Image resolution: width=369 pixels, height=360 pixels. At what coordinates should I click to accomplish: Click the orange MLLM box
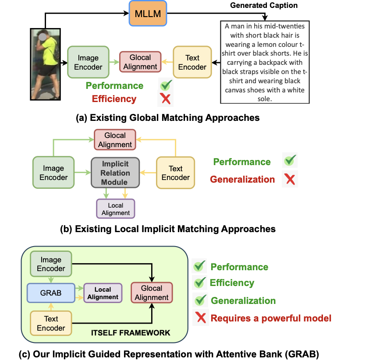[x=148, y=13]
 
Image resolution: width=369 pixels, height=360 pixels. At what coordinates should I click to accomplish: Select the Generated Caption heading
[x=264, y=6]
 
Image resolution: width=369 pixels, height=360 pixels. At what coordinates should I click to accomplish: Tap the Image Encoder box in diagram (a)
[x=88, y=62]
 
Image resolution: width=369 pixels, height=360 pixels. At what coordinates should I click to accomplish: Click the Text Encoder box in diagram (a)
[x=192, y=62]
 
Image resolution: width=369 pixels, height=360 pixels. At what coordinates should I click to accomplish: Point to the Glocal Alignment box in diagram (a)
[x=140, y=62]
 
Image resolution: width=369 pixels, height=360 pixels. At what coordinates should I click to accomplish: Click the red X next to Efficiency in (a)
[x=166, y=99]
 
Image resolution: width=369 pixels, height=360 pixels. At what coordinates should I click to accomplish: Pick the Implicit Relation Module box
[x=115, y=173]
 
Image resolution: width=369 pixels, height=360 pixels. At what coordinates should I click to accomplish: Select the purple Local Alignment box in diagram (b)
[x=116, y=209]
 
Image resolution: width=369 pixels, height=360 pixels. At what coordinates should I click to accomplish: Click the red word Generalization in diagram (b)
[x=242, y=179]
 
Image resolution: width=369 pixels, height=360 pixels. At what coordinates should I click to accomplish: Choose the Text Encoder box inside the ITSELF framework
[x=51, y=323]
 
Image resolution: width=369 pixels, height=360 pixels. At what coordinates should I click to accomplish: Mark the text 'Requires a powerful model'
[x=271, y=318]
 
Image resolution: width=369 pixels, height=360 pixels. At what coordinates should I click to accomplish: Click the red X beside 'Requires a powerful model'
[x=201, y=318]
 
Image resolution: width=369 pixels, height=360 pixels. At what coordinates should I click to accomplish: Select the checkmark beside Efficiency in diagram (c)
[x=200, y=283]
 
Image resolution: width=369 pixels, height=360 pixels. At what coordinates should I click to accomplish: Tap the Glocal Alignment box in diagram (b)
[x=115, y=140]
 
